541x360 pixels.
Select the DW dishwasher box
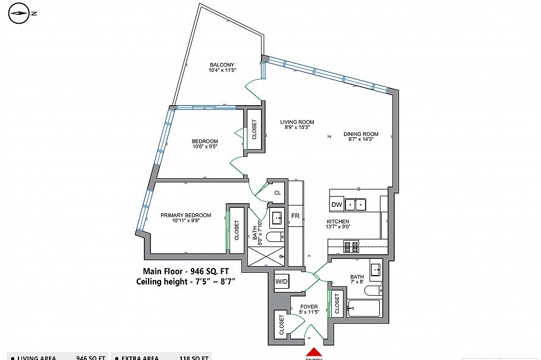[336, 205]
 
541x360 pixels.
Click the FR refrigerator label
[295, 216]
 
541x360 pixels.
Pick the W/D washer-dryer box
[281, 282]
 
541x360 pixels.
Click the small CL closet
[277, 193]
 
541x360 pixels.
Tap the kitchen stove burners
[351, 245]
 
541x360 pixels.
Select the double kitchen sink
[356, 204]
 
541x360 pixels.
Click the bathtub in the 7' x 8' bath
[363, 308]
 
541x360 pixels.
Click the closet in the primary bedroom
[236, 229]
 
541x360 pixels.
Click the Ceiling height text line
[185, 282]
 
